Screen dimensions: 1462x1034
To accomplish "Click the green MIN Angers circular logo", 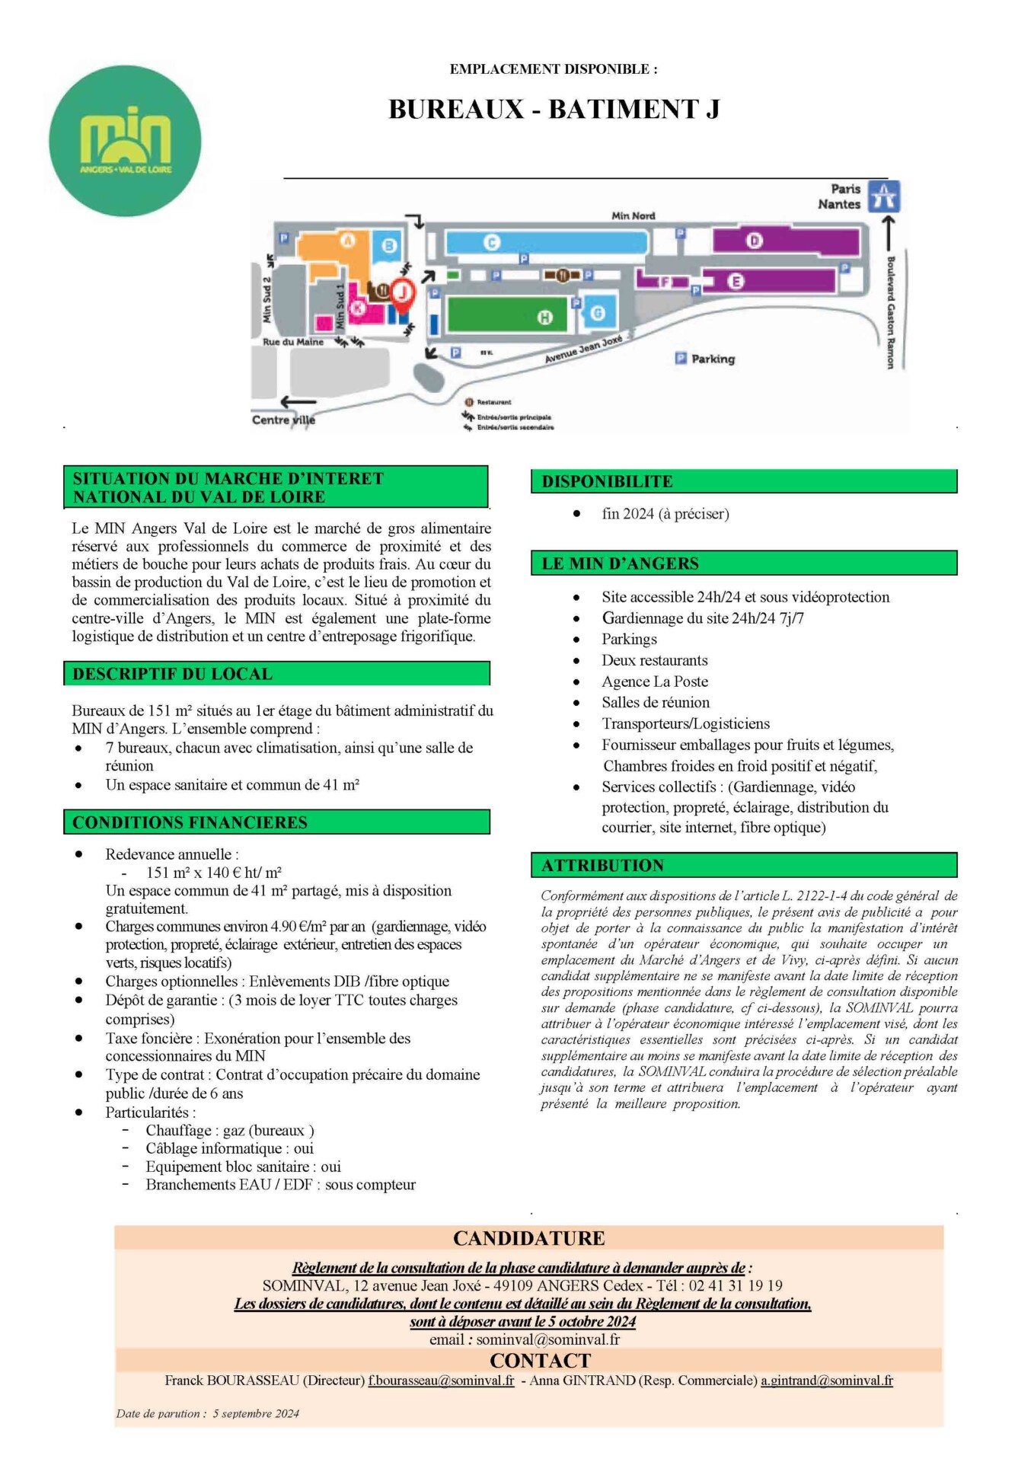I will click(x=125, y=141).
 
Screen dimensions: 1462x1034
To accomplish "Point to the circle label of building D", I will click(x=754, y=241).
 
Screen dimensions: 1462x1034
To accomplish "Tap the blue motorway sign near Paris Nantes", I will click(x=884, y=196).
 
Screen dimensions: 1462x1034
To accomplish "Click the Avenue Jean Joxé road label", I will click(x=583, y=349).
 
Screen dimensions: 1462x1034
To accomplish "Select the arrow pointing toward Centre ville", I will click(x=298, y=401).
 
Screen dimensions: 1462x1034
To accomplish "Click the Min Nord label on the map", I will click(x=633, y=215).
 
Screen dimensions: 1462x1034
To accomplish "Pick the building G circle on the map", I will click(x=598, y=313).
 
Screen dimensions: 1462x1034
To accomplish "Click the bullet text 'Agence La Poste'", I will click(x=655, y=682).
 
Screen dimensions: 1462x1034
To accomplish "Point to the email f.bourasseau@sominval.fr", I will click(x=441, y=1381).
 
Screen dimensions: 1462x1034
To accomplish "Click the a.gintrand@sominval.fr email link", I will click(x=826, y=1381).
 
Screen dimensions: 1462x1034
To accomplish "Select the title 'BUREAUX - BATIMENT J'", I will click(x=554, y=110).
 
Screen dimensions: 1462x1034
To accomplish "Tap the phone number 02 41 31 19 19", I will click(x=736, y=1285).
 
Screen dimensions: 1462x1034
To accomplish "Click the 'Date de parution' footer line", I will click(x=207, y=1413).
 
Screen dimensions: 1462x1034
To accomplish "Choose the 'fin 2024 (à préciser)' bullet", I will click(x=665, y=514).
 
